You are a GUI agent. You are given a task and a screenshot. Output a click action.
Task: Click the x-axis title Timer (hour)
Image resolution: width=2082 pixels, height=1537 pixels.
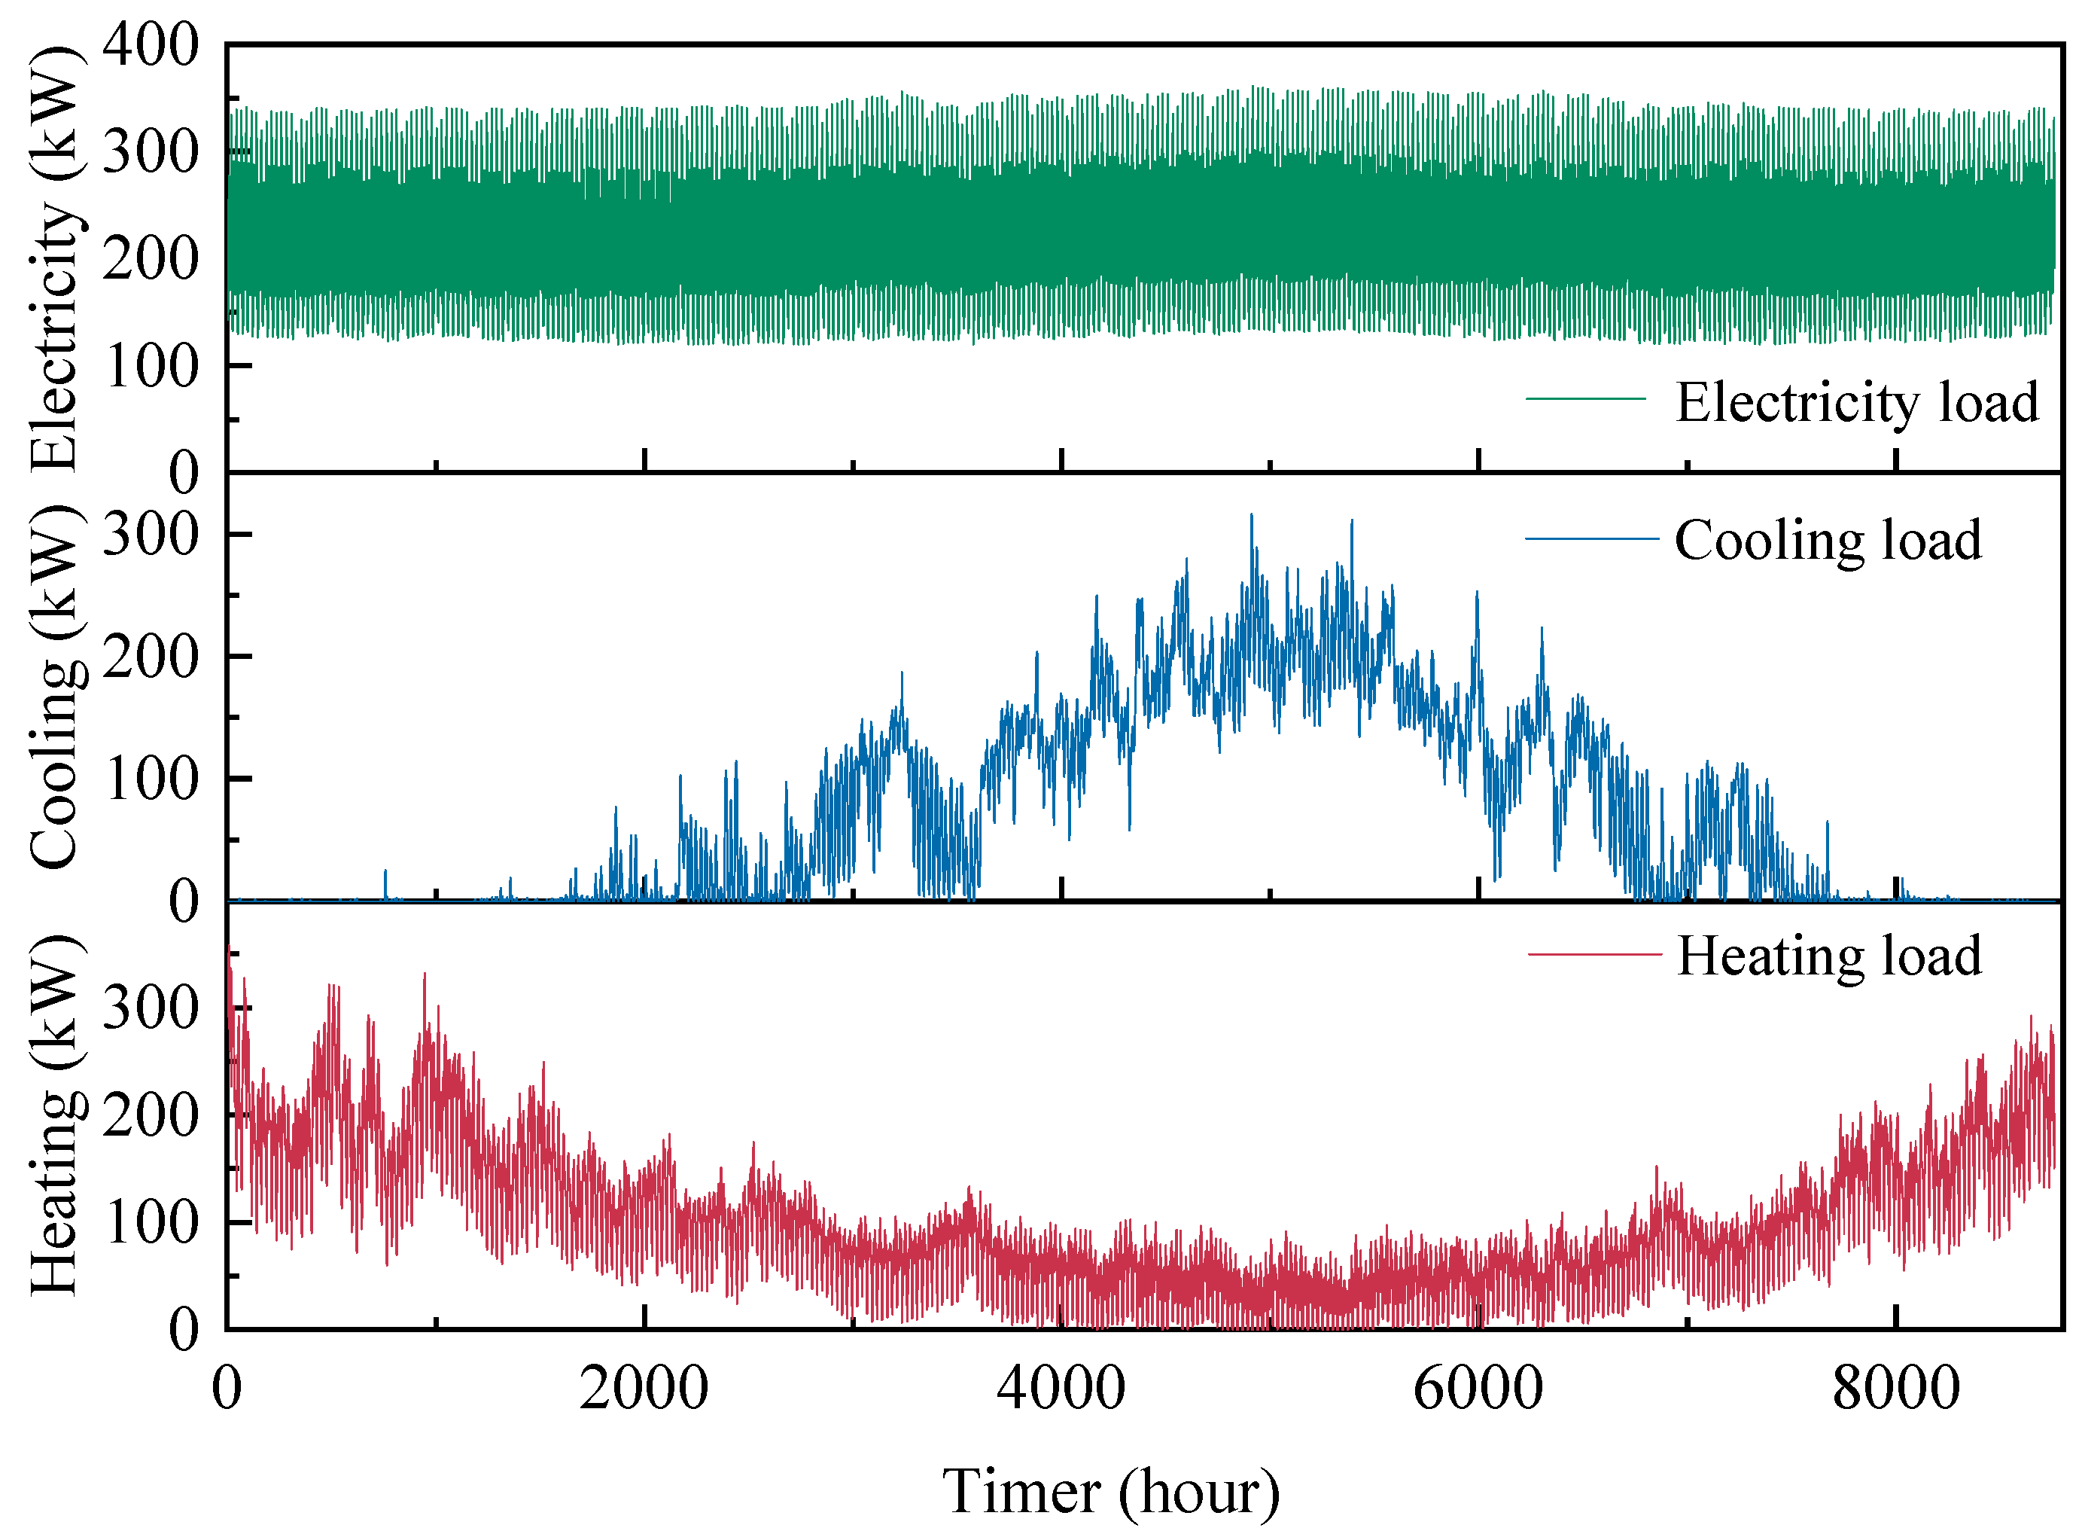(x=1111, y=1493)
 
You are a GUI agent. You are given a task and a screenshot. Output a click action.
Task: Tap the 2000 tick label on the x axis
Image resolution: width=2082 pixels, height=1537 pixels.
(x=644, y=1389)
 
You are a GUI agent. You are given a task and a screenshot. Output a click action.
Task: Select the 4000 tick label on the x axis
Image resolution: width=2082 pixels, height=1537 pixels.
(x=1061, y=1389)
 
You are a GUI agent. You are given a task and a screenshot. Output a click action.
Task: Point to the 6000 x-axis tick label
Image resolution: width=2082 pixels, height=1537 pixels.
(x=1478, y=1389)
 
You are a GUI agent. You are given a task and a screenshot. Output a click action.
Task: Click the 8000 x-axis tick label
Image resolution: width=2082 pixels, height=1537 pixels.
(x=1896, y=1389)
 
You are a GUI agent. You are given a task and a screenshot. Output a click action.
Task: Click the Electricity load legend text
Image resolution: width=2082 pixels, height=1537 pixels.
(x=1857, y=402)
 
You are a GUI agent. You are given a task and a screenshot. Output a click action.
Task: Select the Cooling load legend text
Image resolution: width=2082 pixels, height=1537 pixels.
(x=1828, y=541)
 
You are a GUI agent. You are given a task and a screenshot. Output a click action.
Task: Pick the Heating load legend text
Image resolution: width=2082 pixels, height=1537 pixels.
(x=1829, y=956)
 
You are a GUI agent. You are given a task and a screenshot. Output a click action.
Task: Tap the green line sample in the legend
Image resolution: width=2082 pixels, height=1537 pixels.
(x=1587, y=399)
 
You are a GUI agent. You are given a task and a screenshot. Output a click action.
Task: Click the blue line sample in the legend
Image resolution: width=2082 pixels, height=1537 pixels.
(x=1592, y=538)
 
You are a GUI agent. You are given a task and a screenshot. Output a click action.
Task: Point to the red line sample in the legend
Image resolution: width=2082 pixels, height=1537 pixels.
(x=1595, y=953)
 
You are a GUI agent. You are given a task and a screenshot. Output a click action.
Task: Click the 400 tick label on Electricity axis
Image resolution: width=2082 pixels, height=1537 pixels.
(x=151, y=44)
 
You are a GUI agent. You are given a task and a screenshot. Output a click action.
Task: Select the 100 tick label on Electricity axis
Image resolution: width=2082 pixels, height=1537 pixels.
(x=151, y=367)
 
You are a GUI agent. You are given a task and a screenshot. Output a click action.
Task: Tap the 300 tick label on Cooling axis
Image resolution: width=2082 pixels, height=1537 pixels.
(x=151, y=535)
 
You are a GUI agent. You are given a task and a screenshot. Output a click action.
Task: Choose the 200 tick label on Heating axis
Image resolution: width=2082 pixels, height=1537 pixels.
(x=151, y=1115)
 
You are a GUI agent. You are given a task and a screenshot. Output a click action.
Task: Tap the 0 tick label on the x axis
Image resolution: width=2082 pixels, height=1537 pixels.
(x=227, y=1389)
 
